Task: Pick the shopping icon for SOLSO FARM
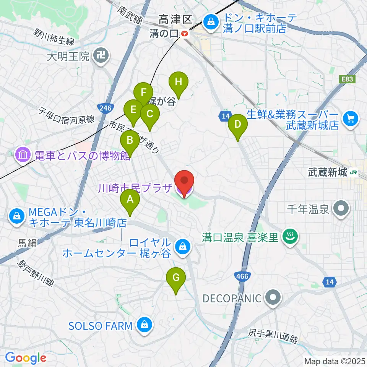point(145,325)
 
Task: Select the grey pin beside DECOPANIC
point(273,298)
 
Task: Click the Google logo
point(26,358)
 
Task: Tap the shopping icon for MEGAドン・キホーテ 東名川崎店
point(17,216)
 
